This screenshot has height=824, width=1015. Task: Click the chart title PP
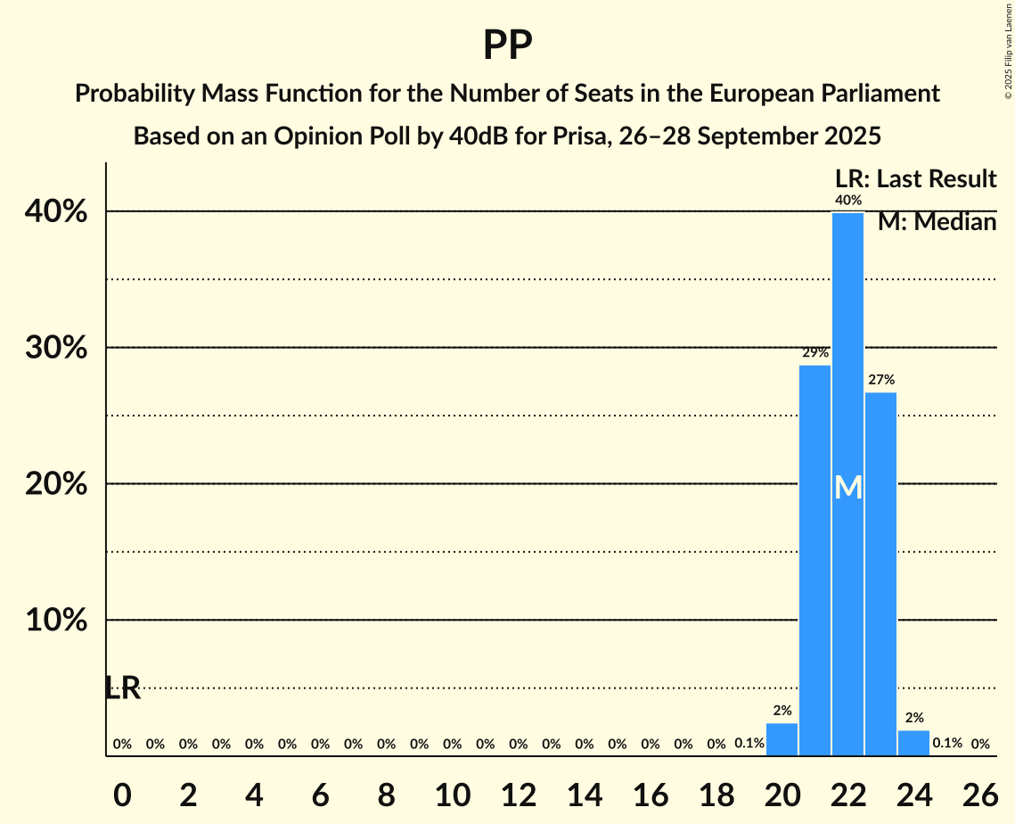pos(507,45)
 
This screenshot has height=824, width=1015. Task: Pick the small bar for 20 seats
pos(782,739)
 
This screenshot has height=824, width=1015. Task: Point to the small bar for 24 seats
pos(913,743)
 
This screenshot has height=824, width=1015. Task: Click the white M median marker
pos(848,488)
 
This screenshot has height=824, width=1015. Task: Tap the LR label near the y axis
pos(122,688)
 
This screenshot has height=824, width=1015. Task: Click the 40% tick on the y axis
pos(61,212)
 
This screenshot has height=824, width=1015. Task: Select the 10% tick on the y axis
pos(61,621)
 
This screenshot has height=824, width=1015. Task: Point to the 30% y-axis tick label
pos(61,349)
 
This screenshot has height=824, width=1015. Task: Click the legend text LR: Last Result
pos(915,179)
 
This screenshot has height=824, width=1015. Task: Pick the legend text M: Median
pos(937,222)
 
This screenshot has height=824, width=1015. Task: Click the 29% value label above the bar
pos(814,353)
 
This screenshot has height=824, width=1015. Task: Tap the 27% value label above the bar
pos(880,380)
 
